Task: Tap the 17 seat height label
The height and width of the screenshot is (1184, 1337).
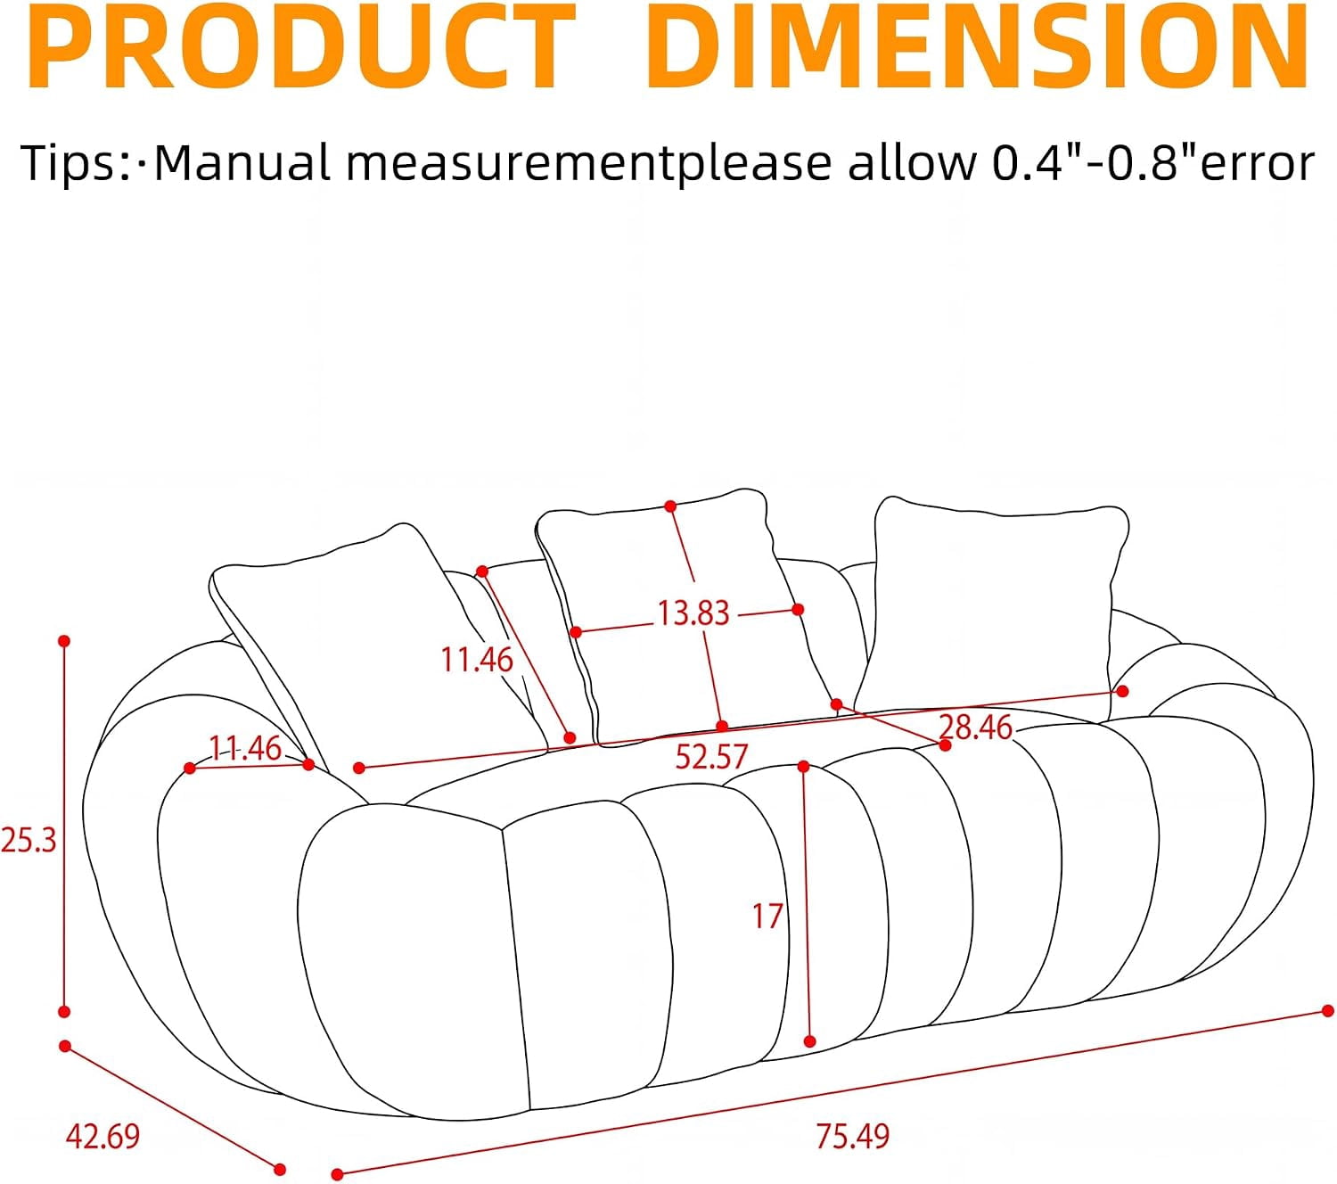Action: pyautogui.click(x=767, y=916)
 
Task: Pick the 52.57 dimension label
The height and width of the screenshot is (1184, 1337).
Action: pyautogui.click(x=711, y=756)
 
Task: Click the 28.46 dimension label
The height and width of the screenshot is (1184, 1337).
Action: pyautogui.click(x=975, y=728)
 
